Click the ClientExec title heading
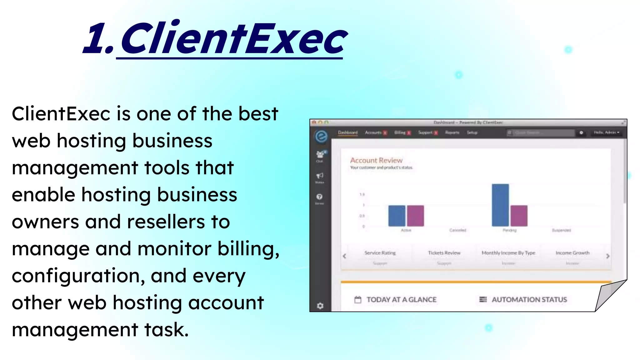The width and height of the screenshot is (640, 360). pos(216,39)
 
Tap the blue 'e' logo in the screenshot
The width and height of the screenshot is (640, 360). pos(321,136)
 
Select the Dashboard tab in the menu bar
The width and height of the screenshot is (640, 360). pos(347,132)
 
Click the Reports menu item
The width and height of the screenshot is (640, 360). pos(452,132)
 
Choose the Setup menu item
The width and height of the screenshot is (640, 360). pos(472,132)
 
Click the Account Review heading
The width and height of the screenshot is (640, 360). pos(376,160)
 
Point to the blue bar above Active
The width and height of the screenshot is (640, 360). pos(397,216)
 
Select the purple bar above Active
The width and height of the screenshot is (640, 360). pos(415,216)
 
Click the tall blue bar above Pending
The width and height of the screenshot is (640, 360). pos(500,205)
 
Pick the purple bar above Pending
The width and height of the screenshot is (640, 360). pos(519,216)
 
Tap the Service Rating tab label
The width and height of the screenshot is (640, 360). pos(380,253)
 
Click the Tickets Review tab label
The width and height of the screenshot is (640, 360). pos(444,253)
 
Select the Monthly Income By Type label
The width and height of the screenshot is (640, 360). pos(508,253)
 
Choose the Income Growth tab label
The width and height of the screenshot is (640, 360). pos(572,253)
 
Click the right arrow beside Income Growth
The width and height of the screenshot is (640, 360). pos(607,256)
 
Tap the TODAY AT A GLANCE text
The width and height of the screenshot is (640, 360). pos(401,300)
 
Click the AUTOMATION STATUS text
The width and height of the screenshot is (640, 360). pos(529,300)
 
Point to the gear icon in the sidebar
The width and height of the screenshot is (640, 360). pos(320,306)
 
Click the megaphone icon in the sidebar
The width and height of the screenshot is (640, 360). pos(319,176)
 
